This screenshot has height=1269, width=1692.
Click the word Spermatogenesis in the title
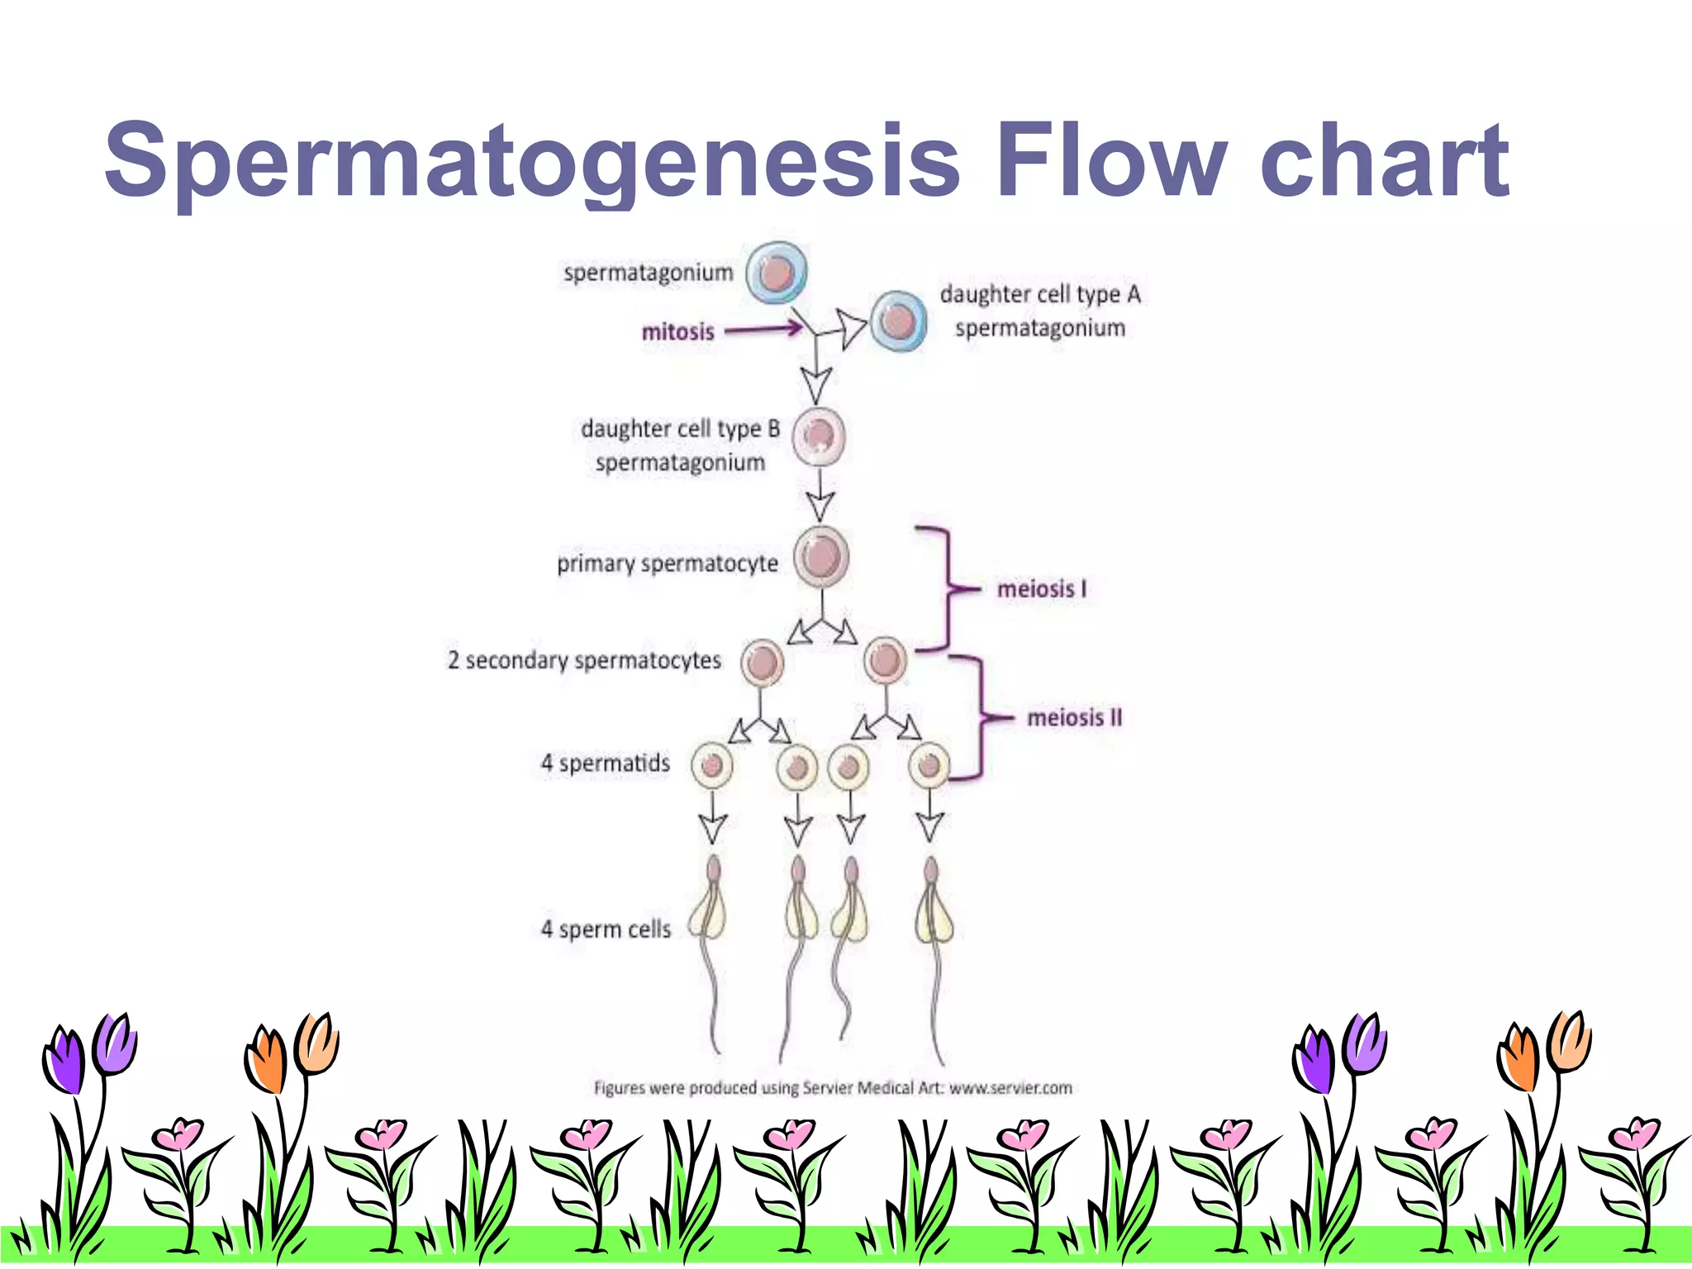tap(532, 161)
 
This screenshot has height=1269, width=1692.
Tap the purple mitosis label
tap(677, 332)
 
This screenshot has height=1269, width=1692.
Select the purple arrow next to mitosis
tap(763, 330)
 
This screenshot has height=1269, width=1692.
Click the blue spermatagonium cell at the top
tap(777, 273)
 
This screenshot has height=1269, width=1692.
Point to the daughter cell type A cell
tap(898, 321)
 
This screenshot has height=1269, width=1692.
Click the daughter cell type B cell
tap(819, 435)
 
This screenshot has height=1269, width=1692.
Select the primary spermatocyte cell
tap(821, 556)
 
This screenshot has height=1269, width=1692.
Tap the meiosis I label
tap(1042, 589)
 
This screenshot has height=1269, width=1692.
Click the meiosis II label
tap(1074, 718)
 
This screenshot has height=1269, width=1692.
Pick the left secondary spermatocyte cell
tap(762, 663)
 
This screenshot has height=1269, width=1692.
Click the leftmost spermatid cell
tap(711, 766)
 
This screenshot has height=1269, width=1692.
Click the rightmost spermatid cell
tap(929, 766)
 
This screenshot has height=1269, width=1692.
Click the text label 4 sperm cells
tap(606, 929)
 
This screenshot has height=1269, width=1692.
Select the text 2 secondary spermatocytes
tap(584, 660)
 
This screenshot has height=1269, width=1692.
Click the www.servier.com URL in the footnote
tap(1010, 1088)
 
